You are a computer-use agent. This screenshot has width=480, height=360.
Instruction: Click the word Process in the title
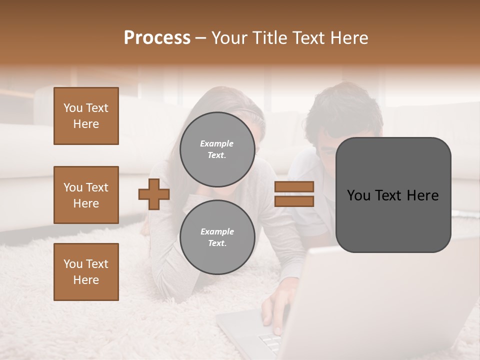157,38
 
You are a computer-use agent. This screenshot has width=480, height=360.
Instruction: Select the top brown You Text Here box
86,116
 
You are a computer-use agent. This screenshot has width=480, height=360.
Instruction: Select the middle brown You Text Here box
86,195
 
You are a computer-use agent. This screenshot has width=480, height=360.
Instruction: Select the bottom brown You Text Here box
86,271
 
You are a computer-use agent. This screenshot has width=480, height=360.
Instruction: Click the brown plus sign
154,194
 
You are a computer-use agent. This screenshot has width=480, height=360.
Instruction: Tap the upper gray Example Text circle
217,149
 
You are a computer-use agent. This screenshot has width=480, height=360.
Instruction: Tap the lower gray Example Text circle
217,237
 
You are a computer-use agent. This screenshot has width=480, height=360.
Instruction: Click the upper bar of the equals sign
294,186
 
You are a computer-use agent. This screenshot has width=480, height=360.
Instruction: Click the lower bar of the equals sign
294,201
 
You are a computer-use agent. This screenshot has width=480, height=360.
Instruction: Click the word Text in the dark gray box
391,195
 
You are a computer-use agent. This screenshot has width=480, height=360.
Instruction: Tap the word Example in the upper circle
217,143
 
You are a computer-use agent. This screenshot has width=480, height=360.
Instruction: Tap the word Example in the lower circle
217,231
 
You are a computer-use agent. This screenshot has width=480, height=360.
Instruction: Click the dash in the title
201,38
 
